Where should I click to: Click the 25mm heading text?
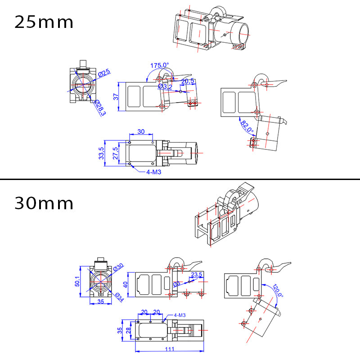pos(44,22)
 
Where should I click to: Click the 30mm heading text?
pos(44,203)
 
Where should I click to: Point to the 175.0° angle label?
pos(159,66)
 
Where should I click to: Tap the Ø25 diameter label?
pos(105,73)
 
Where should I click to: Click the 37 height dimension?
pos(116,97)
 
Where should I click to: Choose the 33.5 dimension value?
pos(102,153)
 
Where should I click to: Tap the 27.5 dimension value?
pos(116,153)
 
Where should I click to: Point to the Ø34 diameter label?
pos(119,297)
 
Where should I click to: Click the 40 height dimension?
pos(126,284)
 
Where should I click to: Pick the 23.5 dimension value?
pos(197,274)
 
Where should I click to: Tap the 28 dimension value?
pos(129,331)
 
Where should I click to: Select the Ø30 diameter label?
pos(118,267)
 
